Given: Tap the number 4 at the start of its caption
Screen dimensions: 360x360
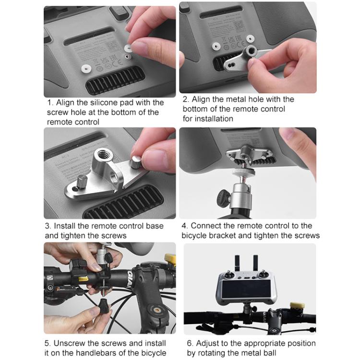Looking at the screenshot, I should pos(184,226).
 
